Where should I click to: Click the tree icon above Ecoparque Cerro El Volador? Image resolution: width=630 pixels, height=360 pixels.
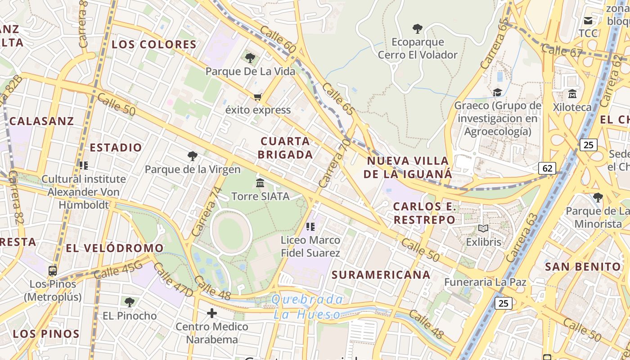(x=418, y=29)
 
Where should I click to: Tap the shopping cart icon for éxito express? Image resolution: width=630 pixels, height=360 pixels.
(x=258, y=97)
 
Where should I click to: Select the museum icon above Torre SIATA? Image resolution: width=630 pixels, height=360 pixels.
(x=260, y=183)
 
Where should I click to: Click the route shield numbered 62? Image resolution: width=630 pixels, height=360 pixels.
(x=547, y=168)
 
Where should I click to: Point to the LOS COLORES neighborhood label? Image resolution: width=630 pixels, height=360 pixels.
(x=154, y=45)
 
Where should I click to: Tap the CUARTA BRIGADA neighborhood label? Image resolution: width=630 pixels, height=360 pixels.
(x=286, y=148)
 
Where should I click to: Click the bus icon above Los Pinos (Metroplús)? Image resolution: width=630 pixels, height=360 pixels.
(x=53, y=271)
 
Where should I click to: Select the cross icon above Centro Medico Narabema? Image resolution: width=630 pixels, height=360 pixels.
(x=212, y=313)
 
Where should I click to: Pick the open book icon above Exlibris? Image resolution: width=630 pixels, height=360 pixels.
(x=483, y=229)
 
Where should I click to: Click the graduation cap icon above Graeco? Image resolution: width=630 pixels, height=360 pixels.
(x=497, y=92)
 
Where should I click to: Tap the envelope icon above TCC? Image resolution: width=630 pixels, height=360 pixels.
(x=588, y=20)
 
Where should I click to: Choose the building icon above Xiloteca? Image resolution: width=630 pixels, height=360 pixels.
(x=572, y=94)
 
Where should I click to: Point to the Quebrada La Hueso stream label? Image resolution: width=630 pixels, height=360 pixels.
(x=307, y=307)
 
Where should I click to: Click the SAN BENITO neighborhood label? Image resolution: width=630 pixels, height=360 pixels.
(x=583, y=266)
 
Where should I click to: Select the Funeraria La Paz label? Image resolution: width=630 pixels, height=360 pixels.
(x=485, y=282)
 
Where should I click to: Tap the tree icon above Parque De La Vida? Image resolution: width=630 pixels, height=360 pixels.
(x=250, y=58)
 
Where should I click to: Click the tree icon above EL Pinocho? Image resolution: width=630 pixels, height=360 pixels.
(x=130, y=302)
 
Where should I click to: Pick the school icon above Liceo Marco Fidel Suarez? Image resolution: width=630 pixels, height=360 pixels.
(x=310, y=226)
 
